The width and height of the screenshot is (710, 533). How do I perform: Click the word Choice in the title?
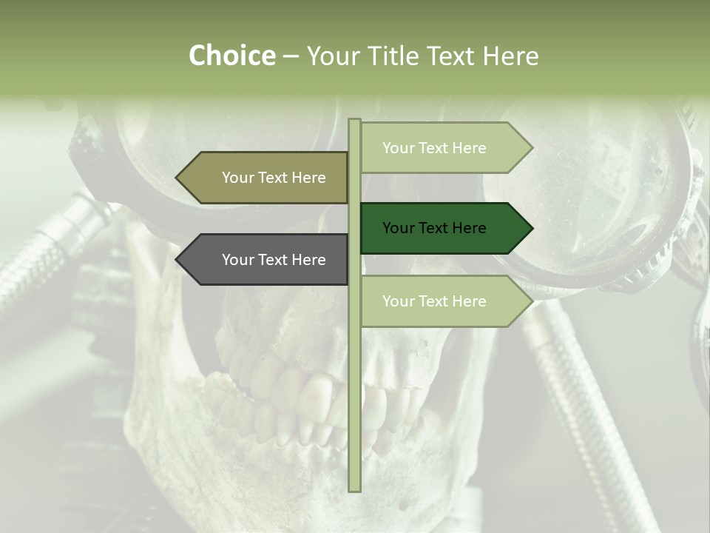(x=231, y=56)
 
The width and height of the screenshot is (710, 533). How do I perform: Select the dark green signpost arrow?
(x=444, y=228)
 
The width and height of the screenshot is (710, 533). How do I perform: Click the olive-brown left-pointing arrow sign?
(x=266, y=178)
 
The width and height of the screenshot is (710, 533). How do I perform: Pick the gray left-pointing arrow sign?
(x=266, y=260)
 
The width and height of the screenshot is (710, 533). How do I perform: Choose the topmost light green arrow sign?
(x=444, y=148)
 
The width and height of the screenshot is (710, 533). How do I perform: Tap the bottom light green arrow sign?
(x=444, y=301)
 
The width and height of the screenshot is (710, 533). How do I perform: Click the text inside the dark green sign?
(x=434, y=228)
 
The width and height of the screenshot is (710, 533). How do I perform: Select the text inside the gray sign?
(x=274, y=260)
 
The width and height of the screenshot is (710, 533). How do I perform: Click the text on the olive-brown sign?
(x=274, y=178)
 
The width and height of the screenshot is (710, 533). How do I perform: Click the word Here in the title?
(x=510, y=56)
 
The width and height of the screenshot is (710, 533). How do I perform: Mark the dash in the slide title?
(x=291, y=57)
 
